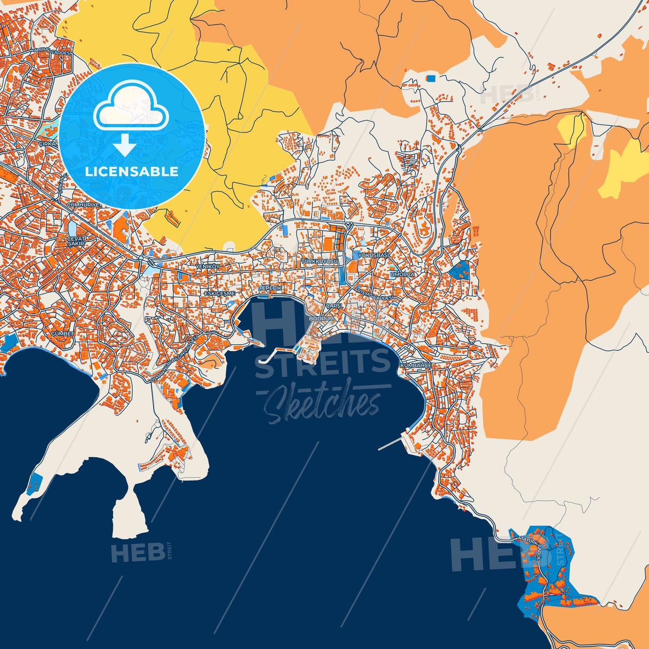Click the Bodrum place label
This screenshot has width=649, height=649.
click(322, 318)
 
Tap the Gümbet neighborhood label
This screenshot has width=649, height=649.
click(62, 334)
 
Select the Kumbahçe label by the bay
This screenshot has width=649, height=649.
click(416, 366)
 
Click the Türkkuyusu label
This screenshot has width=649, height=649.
click(319, 261)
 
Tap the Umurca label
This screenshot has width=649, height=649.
click(403, 274)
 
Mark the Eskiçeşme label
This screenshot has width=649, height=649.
click(220, 293)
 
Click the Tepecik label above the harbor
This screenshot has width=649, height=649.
click(270, 288)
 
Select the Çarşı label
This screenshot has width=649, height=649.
click(334, 305)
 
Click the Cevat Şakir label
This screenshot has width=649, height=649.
click(76, 241)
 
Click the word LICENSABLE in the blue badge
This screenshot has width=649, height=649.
click(132, 172)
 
